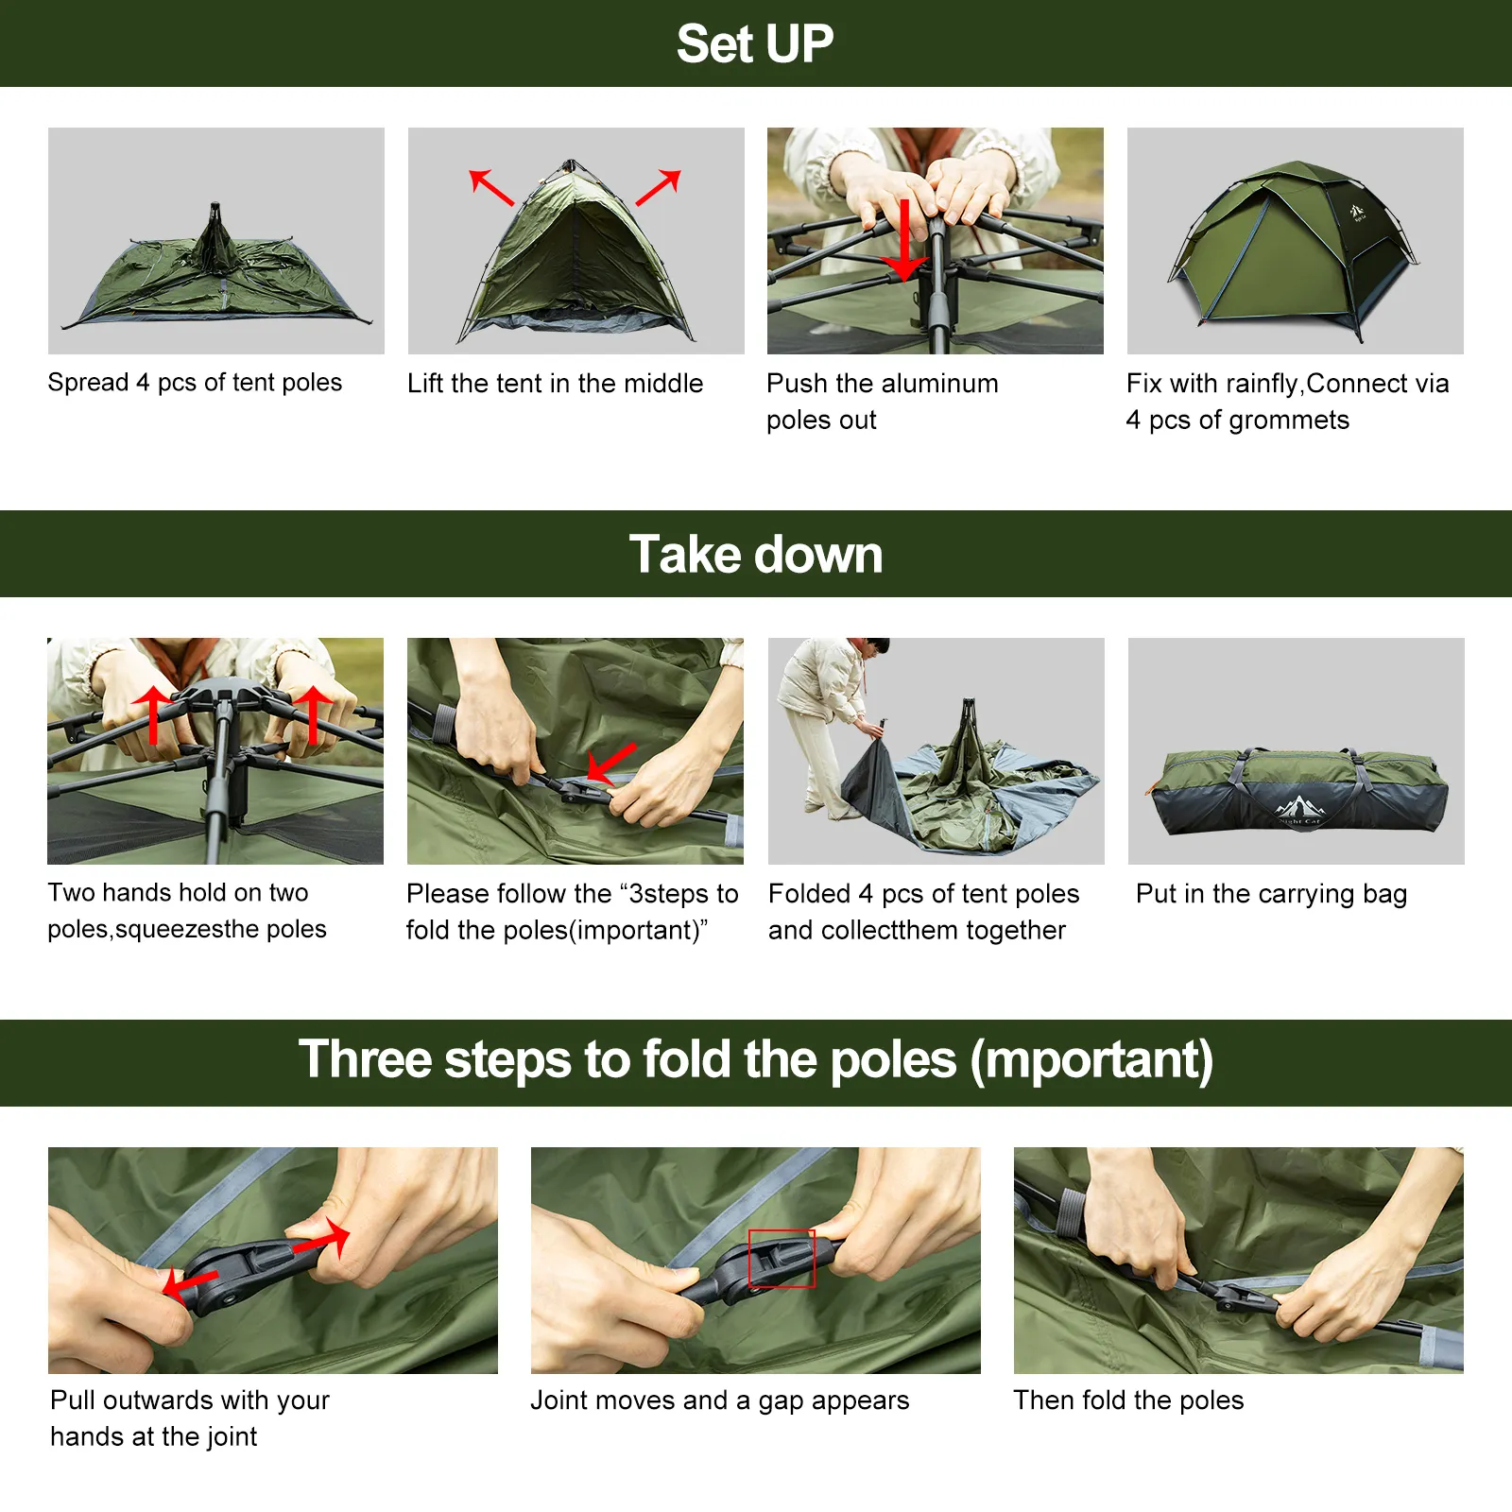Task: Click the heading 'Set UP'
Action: click(x=754, y=44)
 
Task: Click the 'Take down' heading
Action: click(x=755, y=554)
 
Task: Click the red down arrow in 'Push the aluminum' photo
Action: click(x=904, y=241)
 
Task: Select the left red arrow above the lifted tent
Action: click(x=491, y=187)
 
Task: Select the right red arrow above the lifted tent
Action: click(x=659, y=187)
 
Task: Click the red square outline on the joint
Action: click(x=782, y=1258)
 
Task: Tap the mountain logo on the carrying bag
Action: click(x=1299, y=808)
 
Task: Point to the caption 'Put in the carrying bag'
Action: click(x=1271, y=893)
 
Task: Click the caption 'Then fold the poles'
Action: click(x=1128, y=1400)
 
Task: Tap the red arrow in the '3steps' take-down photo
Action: click(x=611, y=762)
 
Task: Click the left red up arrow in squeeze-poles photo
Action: click(x=153, y=713)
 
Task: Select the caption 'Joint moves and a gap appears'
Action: click(x=719, y=1400)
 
